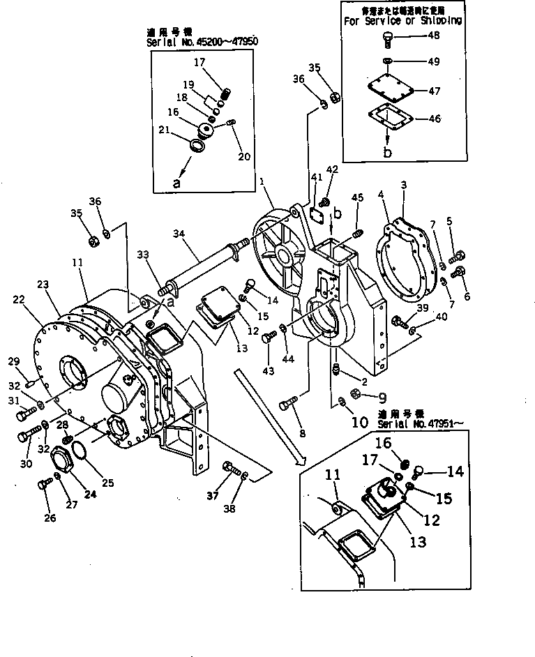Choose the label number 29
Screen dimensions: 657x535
13,361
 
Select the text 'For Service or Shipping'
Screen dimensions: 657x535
402,20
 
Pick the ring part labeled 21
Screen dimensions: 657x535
197,146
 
